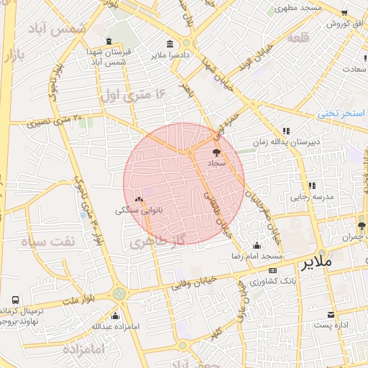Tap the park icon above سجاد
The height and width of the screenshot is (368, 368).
pos(217,152)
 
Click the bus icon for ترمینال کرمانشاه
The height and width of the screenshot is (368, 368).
pos(16,299)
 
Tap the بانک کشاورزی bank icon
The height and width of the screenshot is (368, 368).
pos(272,270)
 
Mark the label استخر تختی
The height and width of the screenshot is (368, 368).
pos(342,113)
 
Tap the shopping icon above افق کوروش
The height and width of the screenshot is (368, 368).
pos(344,12)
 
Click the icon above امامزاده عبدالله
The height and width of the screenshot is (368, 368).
pos(115,315)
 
